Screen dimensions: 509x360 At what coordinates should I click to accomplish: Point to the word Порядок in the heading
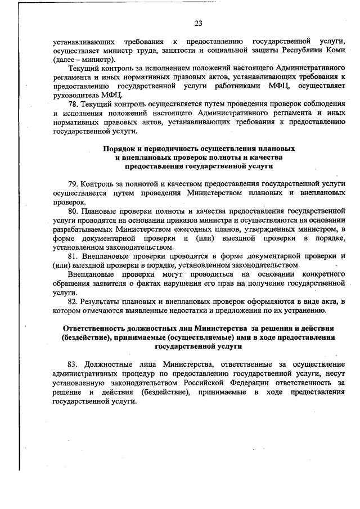[x=118, y=148]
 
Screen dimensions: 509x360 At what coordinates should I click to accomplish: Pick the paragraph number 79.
[x=73, y=184]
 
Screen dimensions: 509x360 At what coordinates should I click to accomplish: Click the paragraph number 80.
[x=73, y=211]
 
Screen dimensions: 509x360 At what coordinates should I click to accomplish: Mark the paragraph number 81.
[x=73, y=256]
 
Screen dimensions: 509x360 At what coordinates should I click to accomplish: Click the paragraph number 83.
[x=73, y=364]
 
